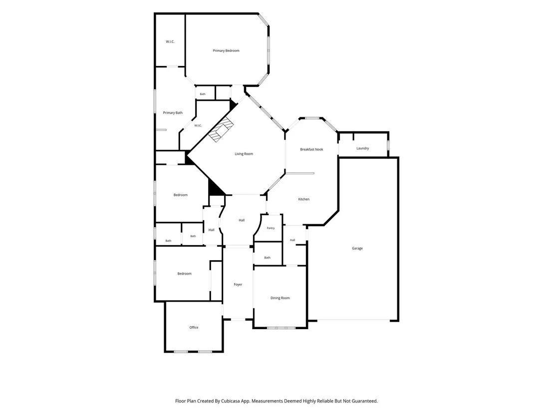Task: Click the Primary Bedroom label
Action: click(x=226, y=51)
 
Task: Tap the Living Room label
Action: click(x=244, y=154)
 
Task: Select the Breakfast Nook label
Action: click(x=311, y=149)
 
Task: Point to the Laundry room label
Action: click(x=362, y=148)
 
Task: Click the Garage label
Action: click(x=357, y=248)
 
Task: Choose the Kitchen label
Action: click(x=303, y=199)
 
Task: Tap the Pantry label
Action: click(x=271, y=228)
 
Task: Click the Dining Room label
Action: click(x=280, y=298)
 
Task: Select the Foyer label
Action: click(x=238, y=285)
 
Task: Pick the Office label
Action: click(x=194, y=328)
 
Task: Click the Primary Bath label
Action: click(x=173, y=113)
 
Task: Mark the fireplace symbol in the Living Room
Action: click(x=221, y=129)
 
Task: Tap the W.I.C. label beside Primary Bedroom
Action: click(x=170, y=41)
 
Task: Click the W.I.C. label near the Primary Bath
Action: click(x=198, y=126)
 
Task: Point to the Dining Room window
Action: click(x=281, y=328)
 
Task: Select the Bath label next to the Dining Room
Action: click(x=268, y=258)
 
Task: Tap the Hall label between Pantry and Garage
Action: click(x=292, y=240)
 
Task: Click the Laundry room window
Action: click(x=388, y=145)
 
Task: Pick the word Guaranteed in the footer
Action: click(x=364, y=401)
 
